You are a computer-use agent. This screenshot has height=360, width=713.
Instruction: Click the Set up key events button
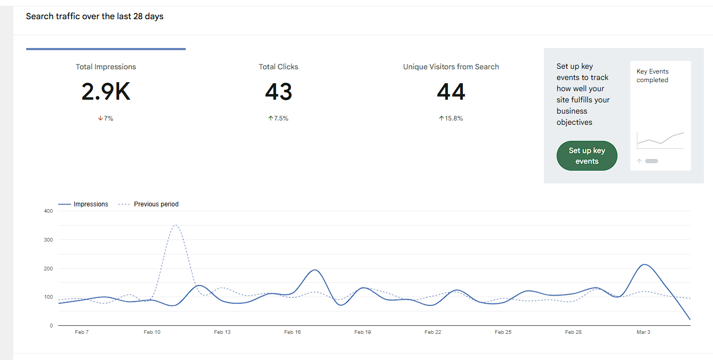click(587, 156)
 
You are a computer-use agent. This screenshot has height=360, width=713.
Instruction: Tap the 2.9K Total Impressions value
click(106, 92)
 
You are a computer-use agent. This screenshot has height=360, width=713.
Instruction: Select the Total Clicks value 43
click(279, 92)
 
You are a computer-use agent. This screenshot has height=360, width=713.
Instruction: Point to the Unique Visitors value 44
click(451, 92)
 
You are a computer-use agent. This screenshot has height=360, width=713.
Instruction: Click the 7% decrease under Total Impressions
click(106, 118)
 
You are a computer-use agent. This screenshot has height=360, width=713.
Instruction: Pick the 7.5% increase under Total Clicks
click(279, 118)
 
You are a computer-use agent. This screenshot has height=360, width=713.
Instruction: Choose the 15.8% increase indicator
click(451, 118)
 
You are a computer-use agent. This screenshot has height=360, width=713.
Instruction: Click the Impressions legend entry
click(83, 204)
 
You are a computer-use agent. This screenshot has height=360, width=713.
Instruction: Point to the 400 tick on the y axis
click(49, 211)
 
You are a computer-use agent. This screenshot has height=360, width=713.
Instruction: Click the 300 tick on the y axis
click(49, 240)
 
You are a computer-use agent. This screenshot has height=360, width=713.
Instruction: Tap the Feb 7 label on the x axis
click(82, 332)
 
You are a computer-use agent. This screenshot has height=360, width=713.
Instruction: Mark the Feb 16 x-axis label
click(292, 332)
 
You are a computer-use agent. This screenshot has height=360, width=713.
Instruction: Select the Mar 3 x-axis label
click(643, 332)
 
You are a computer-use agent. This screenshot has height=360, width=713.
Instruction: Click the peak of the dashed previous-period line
click(176, 225)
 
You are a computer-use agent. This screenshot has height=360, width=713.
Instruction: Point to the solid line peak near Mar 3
click(645, 265)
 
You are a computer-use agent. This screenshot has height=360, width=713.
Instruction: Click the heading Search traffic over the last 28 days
click(95, 17)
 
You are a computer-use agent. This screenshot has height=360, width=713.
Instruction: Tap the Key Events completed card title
click(652, 76)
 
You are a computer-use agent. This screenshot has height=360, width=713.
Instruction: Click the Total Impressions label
click(106, 67)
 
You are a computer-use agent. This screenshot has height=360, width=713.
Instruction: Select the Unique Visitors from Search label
click(451, 67)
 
